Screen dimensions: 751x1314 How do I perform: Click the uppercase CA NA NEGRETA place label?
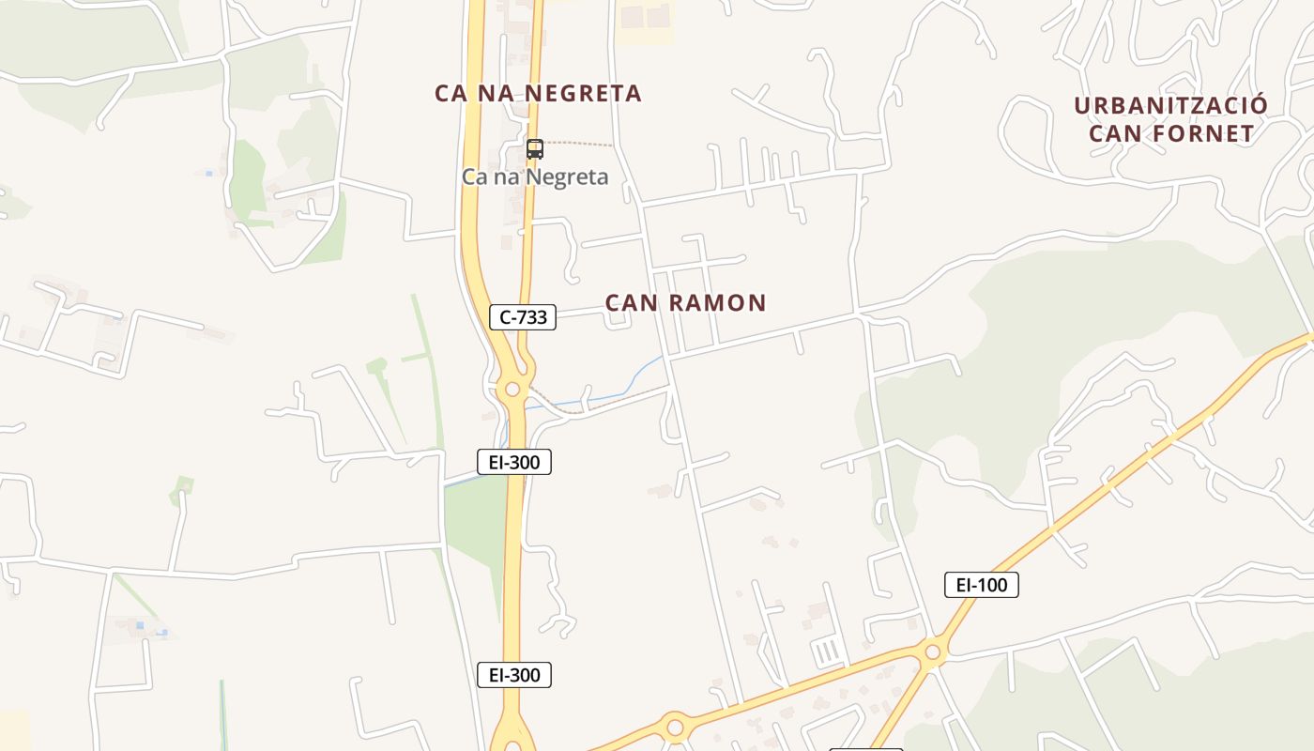pos(538,94)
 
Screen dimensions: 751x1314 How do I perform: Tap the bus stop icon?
pos(534,148)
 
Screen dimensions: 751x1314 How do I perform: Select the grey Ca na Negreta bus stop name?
pos(535,176)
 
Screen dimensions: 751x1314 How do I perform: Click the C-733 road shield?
pos(523,317)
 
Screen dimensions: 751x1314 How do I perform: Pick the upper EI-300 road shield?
pos(513,461)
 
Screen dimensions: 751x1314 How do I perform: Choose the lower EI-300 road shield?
pos(513,674)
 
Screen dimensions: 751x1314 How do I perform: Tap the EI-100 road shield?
pos(981,585)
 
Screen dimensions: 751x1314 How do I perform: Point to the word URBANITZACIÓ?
pos(1170,105)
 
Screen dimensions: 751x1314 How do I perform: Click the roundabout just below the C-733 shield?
pos(512,389)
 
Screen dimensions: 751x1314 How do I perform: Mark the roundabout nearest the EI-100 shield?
pos(932,651)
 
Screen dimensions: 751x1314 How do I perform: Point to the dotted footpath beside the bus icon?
pos(578,144)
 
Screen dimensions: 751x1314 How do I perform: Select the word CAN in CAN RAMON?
pos(632,303)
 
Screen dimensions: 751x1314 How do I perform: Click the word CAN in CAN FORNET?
pos(1115,134)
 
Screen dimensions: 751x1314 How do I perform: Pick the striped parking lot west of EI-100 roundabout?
pos(827,651)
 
